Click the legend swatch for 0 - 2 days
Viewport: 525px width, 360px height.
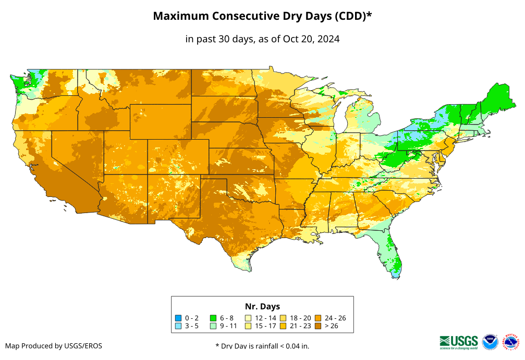[x=178, y=318]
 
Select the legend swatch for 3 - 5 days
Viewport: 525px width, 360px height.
[x=178, y=326]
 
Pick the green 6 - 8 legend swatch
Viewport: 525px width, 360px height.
[x=213, y=318]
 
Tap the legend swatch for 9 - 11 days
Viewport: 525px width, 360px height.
[x=213, y=326]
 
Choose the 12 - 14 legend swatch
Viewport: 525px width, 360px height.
[x=248, y=318]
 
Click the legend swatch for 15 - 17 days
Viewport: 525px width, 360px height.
[x=248, y=326]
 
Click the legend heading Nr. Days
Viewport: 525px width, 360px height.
[x=262, y=306]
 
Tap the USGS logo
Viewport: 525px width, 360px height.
[x=459, y=342]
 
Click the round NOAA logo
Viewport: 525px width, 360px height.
[x=491, y=342]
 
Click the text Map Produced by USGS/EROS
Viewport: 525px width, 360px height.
[x=54, y=346]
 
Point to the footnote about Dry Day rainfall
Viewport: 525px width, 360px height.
[x=262, y=346]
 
